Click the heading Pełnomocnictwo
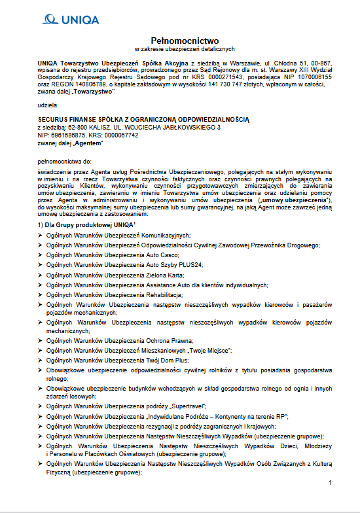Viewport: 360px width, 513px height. pyautogui.click(x=179, y=41)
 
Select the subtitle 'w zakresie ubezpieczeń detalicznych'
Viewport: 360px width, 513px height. pyautogui.click(x=179, y=49)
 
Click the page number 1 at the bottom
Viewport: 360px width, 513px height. pyautogui.click(x=331, y=483)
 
